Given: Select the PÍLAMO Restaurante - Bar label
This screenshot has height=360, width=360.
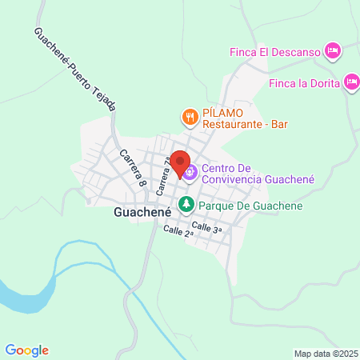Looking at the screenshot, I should coord(244,118).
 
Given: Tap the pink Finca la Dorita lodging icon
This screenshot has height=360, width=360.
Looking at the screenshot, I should coord(352,81).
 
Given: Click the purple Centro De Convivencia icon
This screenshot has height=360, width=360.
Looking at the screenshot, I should coord(190,170).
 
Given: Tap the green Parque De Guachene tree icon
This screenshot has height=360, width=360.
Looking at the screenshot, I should coord(186,206).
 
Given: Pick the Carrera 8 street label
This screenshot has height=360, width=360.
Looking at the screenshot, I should coord(133,168).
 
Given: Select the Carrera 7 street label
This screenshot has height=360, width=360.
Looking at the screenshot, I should coord(165,177).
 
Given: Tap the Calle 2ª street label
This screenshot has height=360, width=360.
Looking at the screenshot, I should coord(178,232).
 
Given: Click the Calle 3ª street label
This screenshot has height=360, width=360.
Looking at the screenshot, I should coord(206,227).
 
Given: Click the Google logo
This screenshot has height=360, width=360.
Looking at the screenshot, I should coord(27,350).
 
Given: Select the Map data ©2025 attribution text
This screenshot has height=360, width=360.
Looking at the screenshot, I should coord(326,354).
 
